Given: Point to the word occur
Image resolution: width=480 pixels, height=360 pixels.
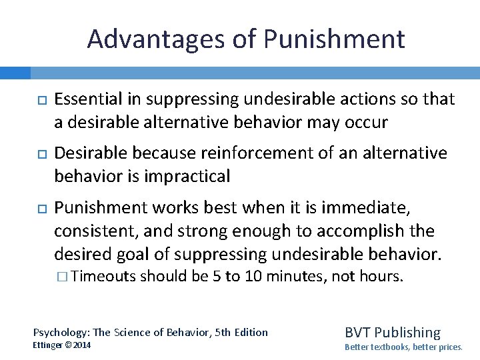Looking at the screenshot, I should [367, 123].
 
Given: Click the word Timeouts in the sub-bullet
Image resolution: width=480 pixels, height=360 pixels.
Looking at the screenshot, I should [104, 276].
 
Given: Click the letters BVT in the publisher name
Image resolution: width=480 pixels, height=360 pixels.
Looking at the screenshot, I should [357, 332].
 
